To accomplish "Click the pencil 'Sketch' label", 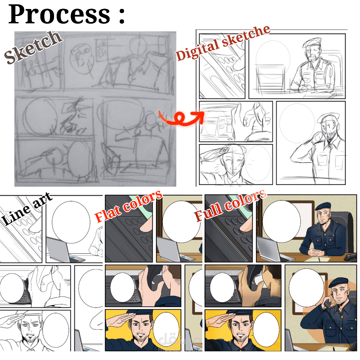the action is click(33, 47).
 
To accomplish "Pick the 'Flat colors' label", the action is click(129, 206).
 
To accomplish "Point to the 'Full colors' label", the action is click(231, 205).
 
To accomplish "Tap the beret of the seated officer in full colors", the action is click(323, 206).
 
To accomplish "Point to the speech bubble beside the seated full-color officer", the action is click(281, 221).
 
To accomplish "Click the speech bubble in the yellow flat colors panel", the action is click(166, 330).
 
